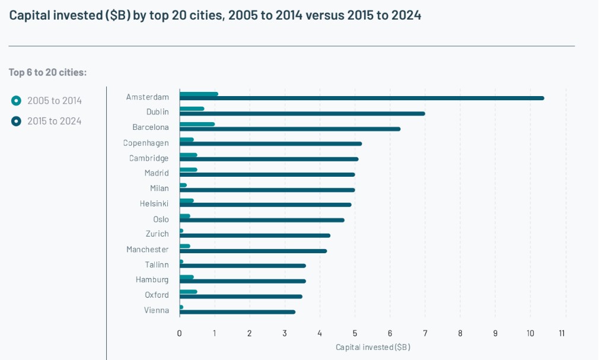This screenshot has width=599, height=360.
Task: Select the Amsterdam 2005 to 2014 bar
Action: pos(199,94)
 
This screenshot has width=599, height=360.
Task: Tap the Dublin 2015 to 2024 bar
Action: pos(302,113)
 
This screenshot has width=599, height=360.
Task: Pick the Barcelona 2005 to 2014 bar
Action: pos(197,125)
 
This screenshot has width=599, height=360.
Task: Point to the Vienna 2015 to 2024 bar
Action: pos(237,312)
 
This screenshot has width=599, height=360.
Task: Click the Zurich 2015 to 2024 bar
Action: pos(255,235)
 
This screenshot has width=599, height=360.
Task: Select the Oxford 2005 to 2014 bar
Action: pos(189,291)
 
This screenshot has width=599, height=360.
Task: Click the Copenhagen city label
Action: pos(146,143)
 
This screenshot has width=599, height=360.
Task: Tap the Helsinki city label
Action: pos(154,203)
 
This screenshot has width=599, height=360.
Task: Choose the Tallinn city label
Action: pos(157,265)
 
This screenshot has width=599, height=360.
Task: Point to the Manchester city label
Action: pos(148,249)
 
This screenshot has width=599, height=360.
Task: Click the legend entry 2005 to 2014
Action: pos(55,101)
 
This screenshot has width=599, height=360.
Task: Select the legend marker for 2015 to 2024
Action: pos(16,121)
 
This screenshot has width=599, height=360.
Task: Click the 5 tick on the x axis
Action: pos(355,333)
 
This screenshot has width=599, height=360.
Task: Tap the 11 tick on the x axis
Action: pos(562,333)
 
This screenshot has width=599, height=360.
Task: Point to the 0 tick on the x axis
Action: pos(180,333)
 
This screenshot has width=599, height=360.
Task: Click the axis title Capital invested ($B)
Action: pos(372,347)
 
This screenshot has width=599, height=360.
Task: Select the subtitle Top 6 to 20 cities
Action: pos(47,72)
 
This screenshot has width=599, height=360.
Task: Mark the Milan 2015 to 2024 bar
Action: pos(267,190)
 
